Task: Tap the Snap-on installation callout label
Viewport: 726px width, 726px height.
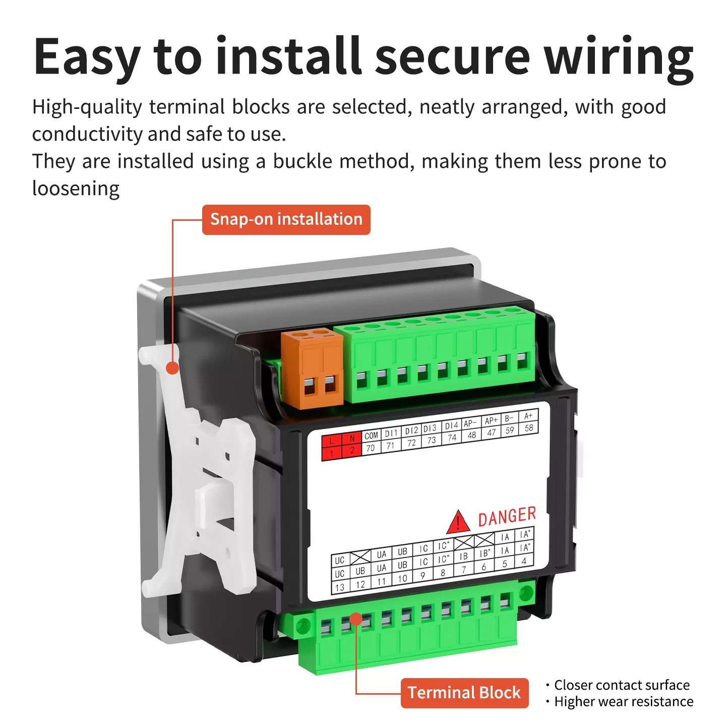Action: click(x=286, y=219)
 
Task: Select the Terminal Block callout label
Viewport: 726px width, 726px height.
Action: click(x=464, y=692)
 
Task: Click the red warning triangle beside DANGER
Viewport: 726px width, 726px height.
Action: click(x=458, y=522)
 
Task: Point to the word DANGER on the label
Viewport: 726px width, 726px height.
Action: click(x=507, y=517)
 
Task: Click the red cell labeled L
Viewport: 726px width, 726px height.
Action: click(x=331, y=441)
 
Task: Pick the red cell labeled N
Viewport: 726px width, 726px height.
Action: click(x=352, y=438)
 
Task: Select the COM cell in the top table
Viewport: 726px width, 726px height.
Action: click(x=371, y=436)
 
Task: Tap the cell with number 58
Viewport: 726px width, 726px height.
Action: click(x=528, y=428)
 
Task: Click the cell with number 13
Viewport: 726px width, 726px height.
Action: click(x=340, y=587)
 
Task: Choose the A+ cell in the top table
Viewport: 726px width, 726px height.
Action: click(x=528, y=416)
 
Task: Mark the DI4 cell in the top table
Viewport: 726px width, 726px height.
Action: click(x=451, y=426)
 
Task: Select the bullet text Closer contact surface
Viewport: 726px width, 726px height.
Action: click(x=622, y=685)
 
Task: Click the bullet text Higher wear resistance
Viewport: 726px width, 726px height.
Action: click(x=624, y=702)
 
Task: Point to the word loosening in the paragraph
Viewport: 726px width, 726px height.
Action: click(x=76, y=189)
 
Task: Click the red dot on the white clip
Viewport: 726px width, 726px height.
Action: click(x=172, y=368)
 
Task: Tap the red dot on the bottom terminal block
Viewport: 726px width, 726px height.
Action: click(x=356, y=619)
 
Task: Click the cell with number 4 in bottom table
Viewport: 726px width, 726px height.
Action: click(x=524, y=561)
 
